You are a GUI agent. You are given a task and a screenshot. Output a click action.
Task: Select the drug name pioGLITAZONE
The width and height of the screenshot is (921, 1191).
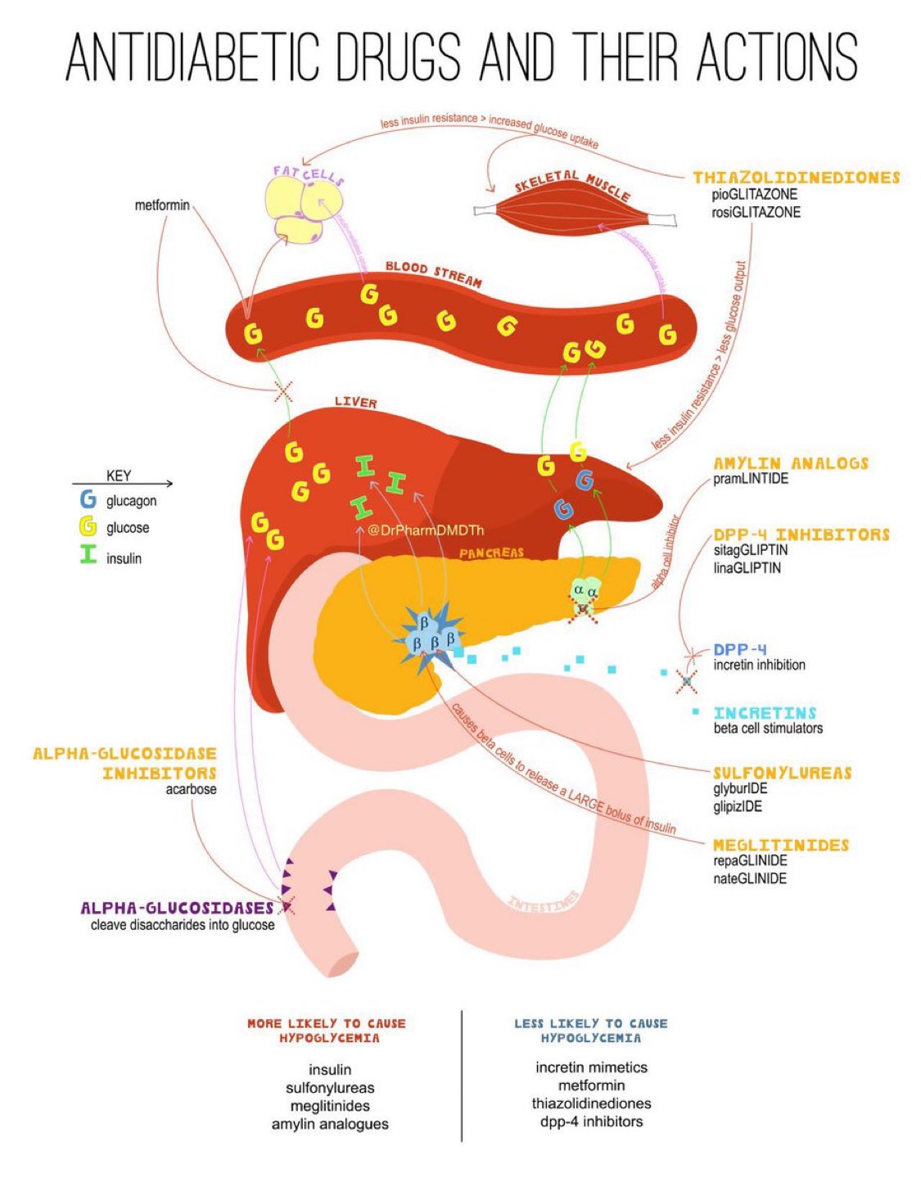click(x=754, y=195)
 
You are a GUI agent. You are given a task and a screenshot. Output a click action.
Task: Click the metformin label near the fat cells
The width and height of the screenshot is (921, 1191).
click(x=161, y=205)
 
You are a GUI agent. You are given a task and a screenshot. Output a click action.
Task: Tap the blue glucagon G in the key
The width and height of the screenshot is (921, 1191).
click(x=88, y=500)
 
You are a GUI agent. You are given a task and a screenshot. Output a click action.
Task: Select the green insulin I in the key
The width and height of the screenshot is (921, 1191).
click(x=88, y=557)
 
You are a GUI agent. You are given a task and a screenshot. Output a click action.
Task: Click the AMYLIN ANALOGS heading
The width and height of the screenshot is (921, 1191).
click(x=790, y=463)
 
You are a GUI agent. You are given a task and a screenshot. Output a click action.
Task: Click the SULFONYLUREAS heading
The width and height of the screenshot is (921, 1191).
click(x=782, y=773)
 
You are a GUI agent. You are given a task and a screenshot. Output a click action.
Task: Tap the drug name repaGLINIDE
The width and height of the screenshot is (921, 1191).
click(x=750, y=861)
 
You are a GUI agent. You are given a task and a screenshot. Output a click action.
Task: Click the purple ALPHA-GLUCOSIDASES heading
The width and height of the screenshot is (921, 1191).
click(x=177, y=908)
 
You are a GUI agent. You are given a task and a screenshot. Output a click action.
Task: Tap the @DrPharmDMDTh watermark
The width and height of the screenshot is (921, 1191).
click(x=426, y=530)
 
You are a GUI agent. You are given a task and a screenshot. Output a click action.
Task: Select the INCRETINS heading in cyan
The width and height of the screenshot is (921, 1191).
click(x=765, y=713)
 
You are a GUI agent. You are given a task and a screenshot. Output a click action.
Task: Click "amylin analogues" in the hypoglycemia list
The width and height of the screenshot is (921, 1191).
click(x=330, y=1124)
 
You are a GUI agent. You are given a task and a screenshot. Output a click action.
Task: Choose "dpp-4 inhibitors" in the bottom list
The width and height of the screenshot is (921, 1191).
click(x=591, y=1121)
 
